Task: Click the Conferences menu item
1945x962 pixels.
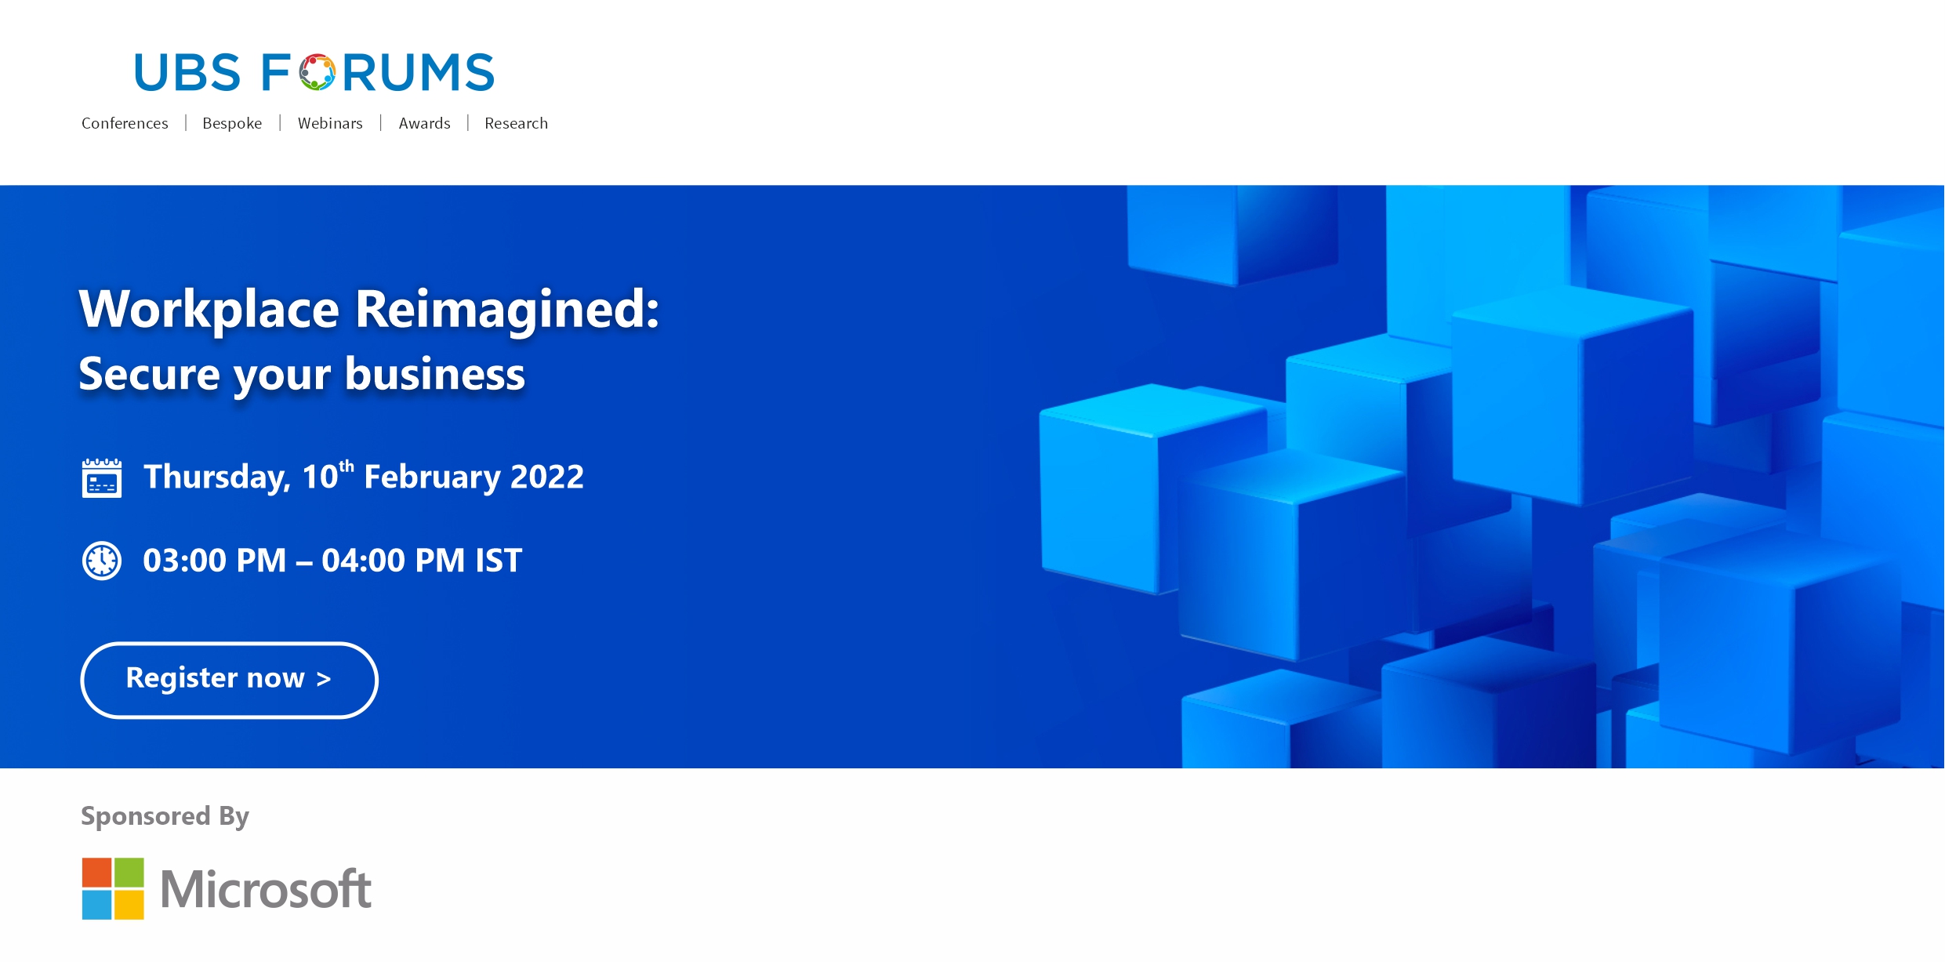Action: coord(125,123)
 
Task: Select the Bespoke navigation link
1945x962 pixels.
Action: coord(232,123)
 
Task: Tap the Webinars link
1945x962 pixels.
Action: coord(330,123)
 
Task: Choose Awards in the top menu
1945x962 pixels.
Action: coord(424,123)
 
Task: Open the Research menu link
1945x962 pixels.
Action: coord(516,123)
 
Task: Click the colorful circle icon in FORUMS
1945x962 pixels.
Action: coord(318,72)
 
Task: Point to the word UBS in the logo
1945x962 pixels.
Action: coord(187,72)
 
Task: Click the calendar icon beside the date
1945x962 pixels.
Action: coord(102,478)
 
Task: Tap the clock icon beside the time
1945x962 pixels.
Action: coord(102,561)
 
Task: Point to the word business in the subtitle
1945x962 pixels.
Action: coord(435,373)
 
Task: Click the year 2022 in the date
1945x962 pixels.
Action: coord(547,477)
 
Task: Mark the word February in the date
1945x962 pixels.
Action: coord(431,477)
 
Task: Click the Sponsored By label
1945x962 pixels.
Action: coord(165,816)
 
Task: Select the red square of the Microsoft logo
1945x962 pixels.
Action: coord(96,872)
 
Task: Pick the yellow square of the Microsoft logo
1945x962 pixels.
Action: coord(129,905)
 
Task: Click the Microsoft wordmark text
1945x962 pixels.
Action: coord(266,889)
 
